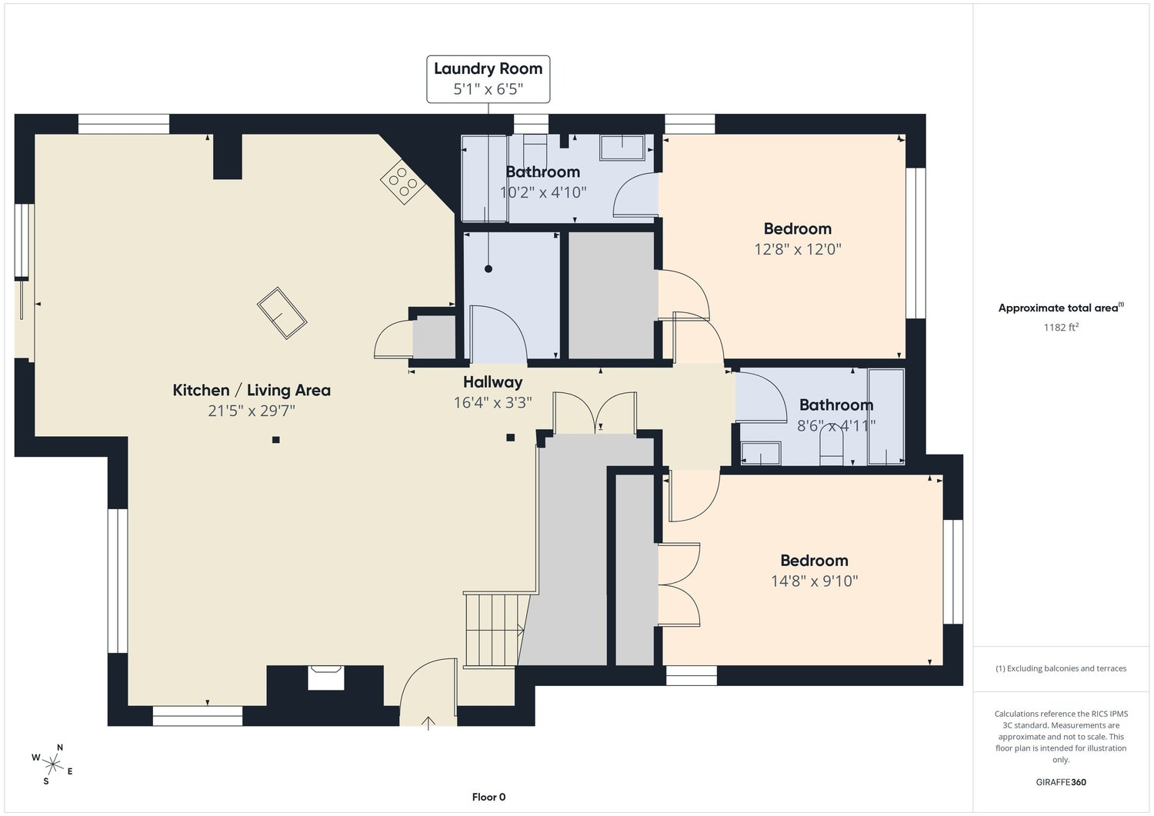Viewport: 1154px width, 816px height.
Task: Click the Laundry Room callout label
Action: (488, 78)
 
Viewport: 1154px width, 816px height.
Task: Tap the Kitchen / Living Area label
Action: (252, 390)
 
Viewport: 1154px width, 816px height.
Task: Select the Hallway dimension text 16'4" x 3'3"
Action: (492, 402)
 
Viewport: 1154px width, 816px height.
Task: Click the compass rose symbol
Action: (52, 764)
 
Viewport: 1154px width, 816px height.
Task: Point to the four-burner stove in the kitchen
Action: (402, 182)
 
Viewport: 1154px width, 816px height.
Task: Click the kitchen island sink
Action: (282, 314)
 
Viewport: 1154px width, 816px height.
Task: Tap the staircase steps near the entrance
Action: (492, 630)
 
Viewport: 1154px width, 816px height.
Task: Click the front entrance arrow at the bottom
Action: (429, 721)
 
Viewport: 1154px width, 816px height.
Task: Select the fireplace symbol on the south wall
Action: (325, 678)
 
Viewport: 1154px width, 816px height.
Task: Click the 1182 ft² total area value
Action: (1061, 327)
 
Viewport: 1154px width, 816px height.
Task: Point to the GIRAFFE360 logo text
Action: (1061, 782)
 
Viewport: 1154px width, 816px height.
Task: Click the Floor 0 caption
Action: (489, 797)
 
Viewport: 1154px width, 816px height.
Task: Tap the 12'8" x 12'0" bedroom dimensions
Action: (798, 249)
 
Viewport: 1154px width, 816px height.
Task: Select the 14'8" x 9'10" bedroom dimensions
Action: (814, 581)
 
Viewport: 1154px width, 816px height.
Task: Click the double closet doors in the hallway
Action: (595, 413)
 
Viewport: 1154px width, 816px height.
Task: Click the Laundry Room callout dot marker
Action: (488, 268)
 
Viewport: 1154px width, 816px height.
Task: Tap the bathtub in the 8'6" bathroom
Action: (886, 417)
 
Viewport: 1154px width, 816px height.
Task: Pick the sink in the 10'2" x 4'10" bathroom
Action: (622, 147)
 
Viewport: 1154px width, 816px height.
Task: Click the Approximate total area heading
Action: (1061, 308)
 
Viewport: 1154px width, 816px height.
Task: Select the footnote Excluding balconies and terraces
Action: (1061, 668)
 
